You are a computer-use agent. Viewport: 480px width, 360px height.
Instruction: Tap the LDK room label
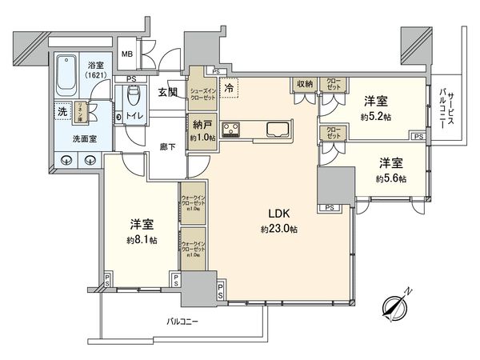point(279,214)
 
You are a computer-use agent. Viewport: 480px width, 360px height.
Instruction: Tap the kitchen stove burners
point(231,129)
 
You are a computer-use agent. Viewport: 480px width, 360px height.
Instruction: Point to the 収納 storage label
point(304,82)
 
